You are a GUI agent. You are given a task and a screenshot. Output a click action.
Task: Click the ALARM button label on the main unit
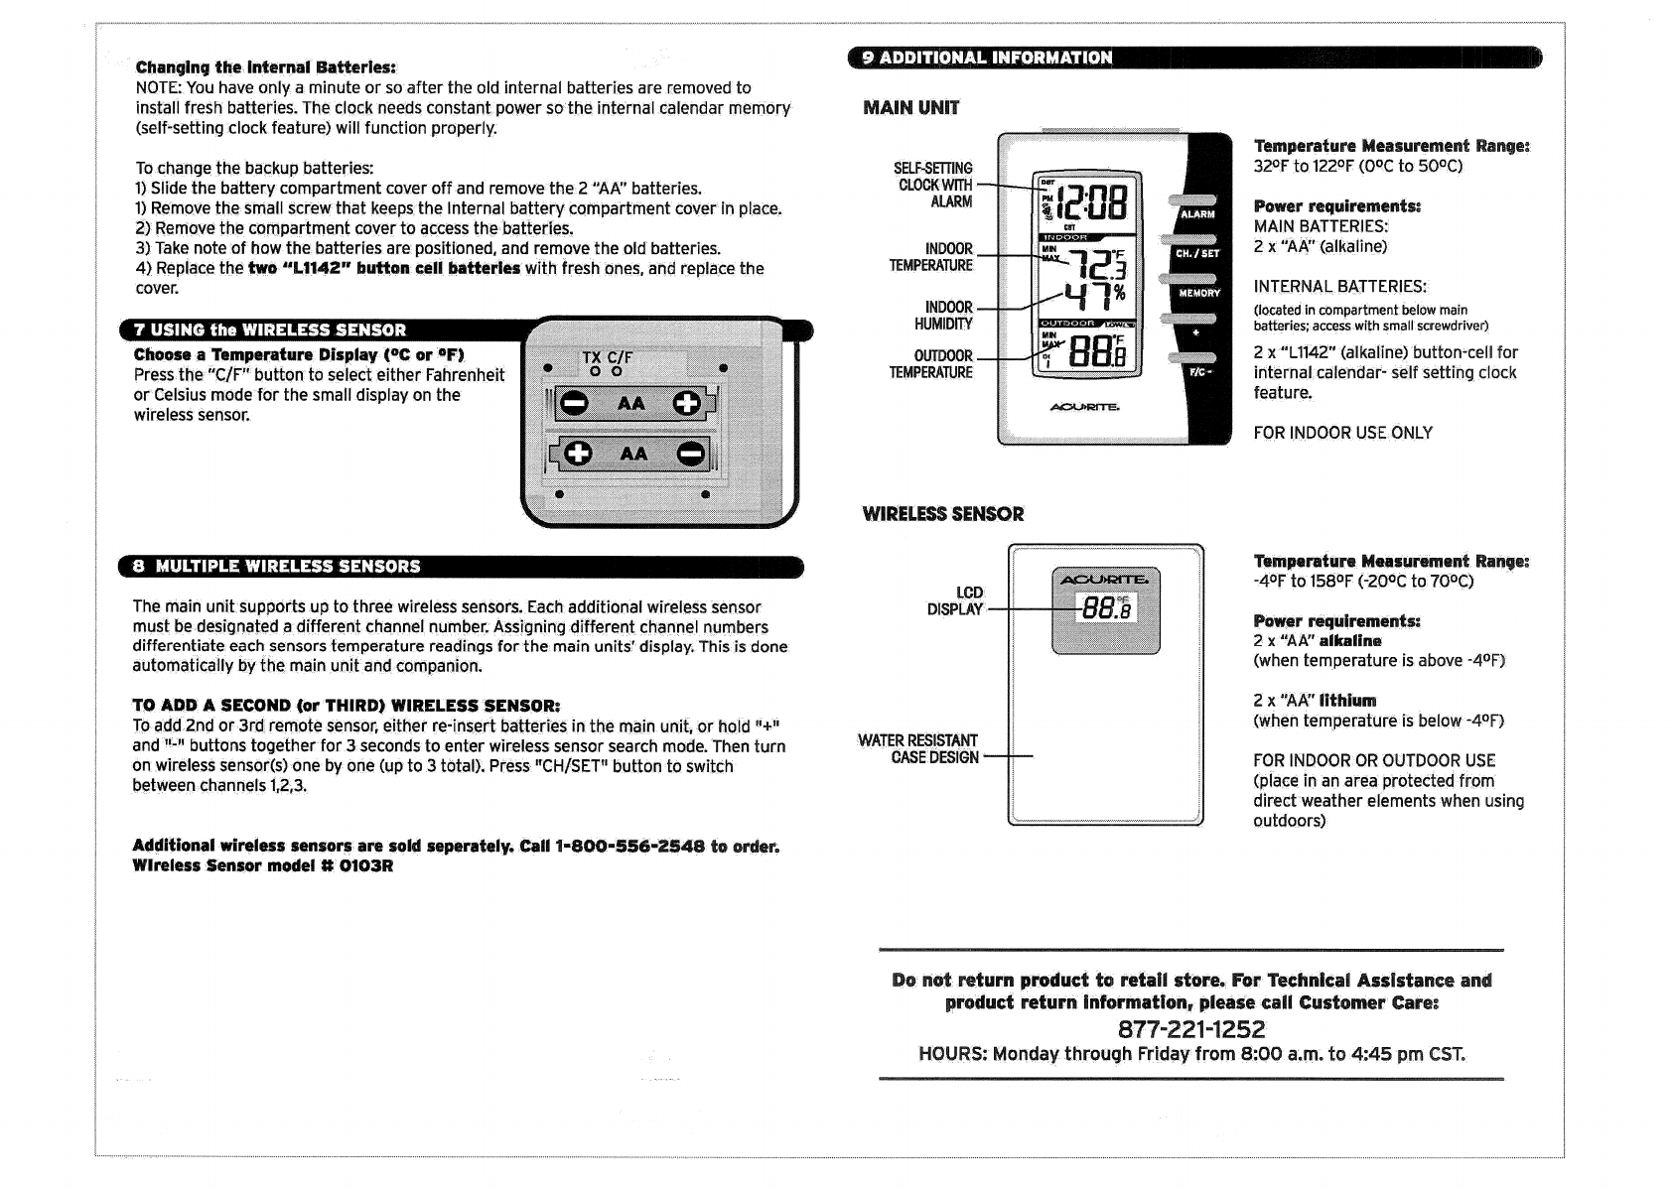click(1197, 214)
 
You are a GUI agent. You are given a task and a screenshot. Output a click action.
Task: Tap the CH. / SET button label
click(1197, 253)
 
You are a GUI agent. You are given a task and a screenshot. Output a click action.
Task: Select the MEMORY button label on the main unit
click(1198, 293)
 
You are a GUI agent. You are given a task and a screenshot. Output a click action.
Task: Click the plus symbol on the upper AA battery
click(686, 403)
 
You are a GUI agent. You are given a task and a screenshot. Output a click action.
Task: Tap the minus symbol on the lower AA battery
click(690, 455)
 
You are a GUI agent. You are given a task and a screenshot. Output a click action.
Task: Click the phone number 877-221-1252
click(1191, 1029)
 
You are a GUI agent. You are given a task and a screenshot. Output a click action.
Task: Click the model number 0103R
click(366, 865)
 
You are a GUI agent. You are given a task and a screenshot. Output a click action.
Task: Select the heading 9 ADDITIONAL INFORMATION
click(987, 58)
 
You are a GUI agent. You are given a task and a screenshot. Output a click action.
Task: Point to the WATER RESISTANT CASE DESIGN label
click(919, 749)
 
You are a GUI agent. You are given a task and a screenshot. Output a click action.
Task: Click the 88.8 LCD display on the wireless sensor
click(1104, 606)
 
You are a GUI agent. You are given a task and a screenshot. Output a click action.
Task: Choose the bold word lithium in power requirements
click(1347, 701)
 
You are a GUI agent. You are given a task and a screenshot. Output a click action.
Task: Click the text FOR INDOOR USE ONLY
click(1342, 433)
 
